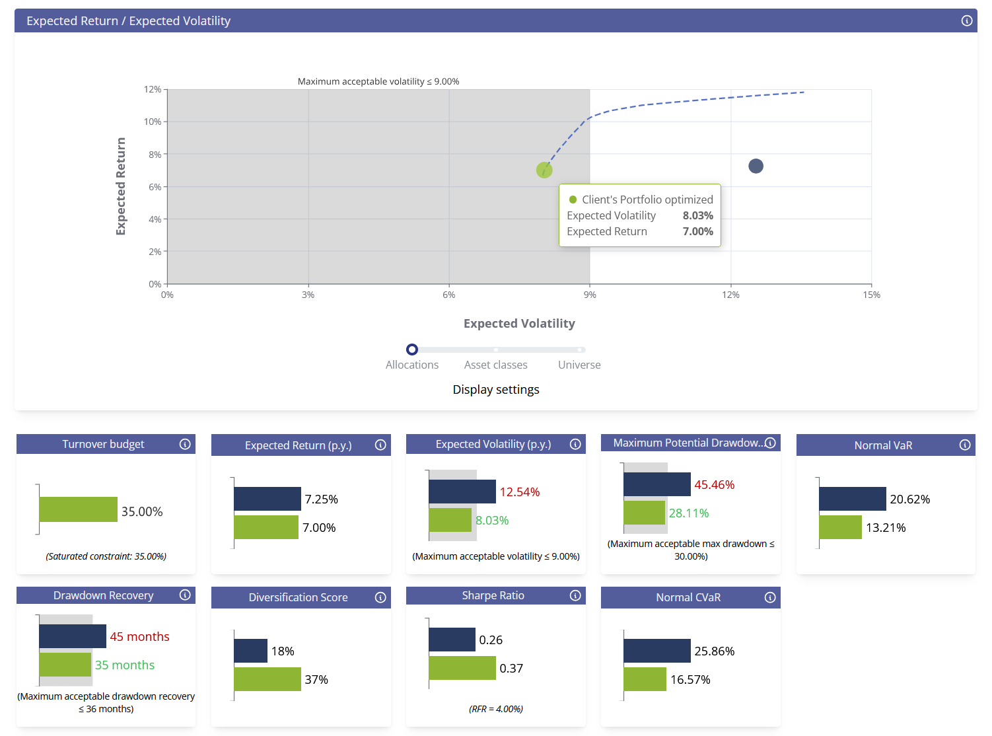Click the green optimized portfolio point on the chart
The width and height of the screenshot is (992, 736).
point(544,170)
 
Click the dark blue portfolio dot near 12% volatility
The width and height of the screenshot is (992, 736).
point(756,166)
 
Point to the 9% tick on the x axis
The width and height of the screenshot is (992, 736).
point(590,295)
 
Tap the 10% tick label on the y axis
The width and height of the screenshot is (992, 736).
point(153,122)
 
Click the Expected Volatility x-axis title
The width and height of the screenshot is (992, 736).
point(519,323)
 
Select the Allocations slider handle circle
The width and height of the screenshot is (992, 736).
point(412,350)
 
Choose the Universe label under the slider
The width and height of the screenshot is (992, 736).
point(579,365)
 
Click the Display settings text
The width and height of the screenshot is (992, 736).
point(496,390)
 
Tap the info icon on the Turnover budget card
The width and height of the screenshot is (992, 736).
point(185,444)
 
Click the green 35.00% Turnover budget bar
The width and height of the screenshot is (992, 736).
point(78,509)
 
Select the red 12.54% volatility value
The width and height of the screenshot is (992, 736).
point(520,492)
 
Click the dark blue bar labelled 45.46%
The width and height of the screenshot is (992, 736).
point(656,484)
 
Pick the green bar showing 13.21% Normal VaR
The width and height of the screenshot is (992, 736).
point(840,527)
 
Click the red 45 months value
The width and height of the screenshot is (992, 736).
point(139,637)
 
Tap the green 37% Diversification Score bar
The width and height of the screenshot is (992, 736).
point(267,679)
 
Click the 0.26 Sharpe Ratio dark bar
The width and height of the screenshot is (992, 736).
point(452,640)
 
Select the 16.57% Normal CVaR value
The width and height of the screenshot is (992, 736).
point(690,680)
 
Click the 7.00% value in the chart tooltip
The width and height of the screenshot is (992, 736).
point(697,231)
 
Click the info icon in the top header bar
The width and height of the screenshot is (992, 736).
point(967,20)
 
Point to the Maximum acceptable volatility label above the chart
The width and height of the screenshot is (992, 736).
point(378,81)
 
